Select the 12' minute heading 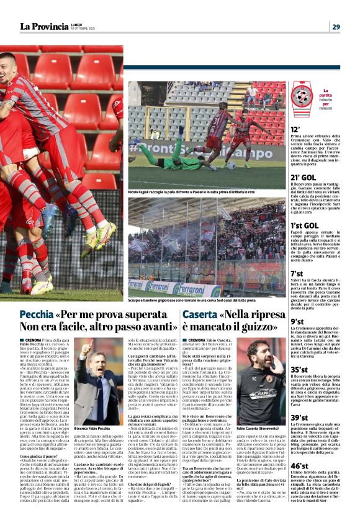coord(296,129)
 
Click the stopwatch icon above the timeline coord(302,94)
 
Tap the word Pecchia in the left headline coord(36,314)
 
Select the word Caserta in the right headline coord(199,314)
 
